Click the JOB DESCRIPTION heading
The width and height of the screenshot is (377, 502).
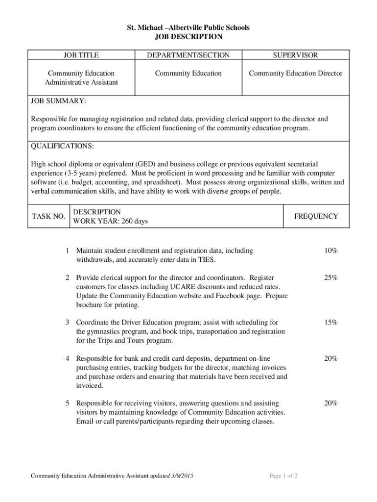tap(188, 37)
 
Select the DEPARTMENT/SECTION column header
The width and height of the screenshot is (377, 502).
tap(188, 55)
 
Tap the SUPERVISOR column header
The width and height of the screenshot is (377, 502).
tap(295, 55)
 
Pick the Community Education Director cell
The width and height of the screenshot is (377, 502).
tap(295, 74)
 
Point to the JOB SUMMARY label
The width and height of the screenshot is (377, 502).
tap(58, 101)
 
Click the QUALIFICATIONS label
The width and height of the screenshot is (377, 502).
tap(62, 146)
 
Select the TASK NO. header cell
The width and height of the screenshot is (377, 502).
tap(48, 216)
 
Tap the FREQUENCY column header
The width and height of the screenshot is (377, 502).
tap(316, 216)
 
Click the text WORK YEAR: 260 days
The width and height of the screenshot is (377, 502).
tap(110, 222)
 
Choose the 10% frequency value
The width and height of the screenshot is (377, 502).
tap(330, 251)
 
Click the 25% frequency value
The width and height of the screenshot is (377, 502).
tap(330, 278)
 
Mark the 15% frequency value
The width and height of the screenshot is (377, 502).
tap(330, 323)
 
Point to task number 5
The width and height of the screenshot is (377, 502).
tap(67, 403)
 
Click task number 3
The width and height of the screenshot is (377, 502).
tap(67, 323)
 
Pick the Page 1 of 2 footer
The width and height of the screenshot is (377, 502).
tap(283, 476)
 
